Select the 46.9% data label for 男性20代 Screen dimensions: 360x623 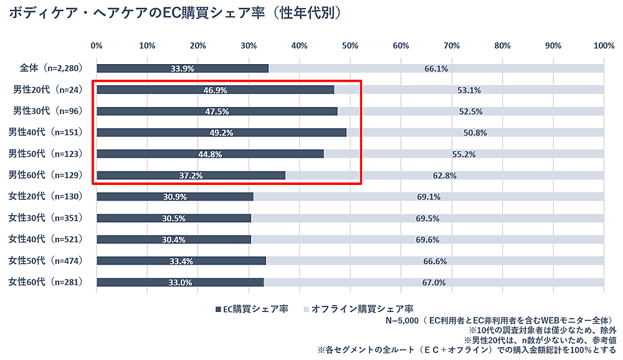pyautogui.click(x=215, y=90)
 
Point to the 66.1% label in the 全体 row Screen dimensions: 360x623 pyautogui.click(x=436, y=69)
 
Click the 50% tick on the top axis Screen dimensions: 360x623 pyautogui.click(x=350, y=45)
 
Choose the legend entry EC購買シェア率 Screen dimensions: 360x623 pyautogui.click(x=252, y=308)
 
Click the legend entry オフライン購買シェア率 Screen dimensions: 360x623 pyautogui.click(x=358, y=308)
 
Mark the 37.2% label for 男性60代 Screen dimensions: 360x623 pyautogui.click(x=191, y=176)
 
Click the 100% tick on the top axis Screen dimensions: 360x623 pyautogui.click(x=604, y=45)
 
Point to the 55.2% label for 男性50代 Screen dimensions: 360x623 pyautogui.click(x=464, y=154)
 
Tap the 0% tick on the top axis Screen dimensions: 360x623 pyautogui.click(x=97, y=45)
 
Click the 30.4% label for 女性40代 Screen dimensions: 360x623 pyautogui.click(x=174, y=240)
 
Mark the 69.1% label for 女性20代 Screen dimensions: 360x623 pyautogui.click(x=429, y=197)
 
